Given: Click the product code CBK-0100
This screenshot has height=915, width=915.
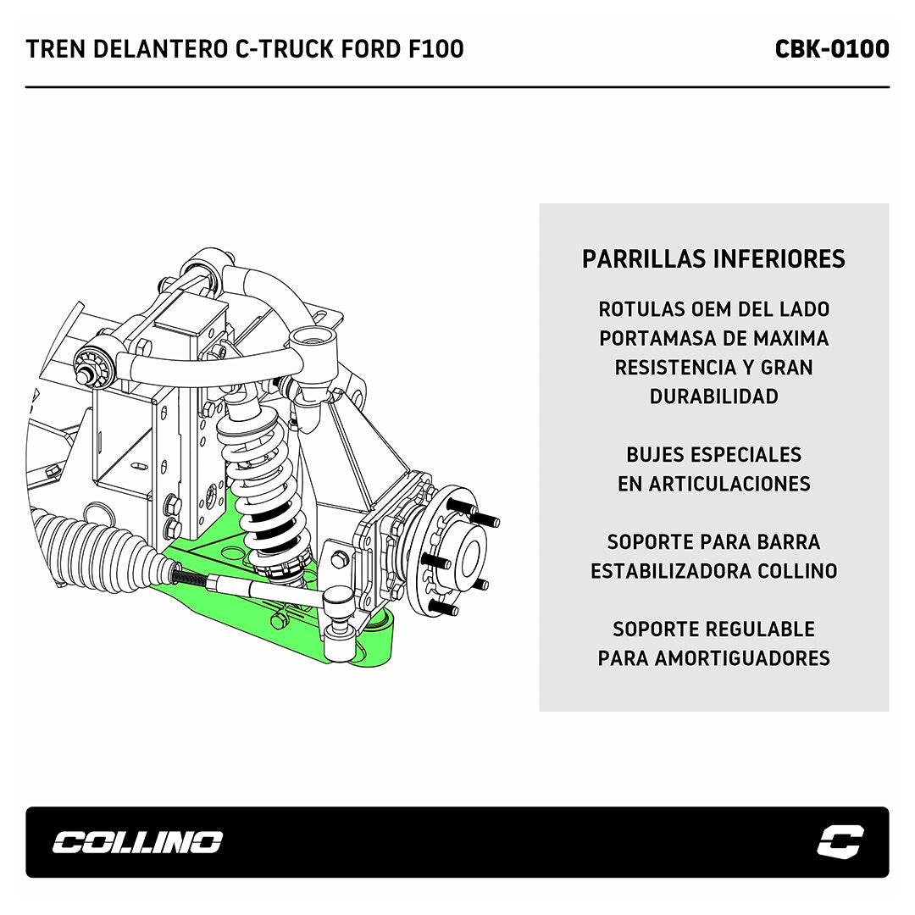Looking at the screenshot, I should coord(831,49).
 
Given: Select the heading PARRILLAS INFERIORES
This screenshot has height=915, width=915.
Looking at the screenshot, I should coord(713,259).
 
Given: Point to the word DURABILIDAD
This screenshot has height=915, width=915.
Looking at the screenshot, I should coord(713,396).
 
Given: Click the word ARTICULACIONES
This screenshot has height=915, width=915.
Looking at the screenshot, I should coord(729,484).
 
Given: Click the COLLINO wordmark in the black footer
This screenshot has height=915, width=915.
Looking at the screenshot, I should coord(137,842).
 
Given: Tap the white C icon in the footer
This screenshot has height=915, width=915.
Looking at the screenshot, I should coord(840,842).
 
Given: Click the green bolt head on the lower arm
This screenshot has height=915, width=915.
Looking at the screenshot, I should coord(277,621).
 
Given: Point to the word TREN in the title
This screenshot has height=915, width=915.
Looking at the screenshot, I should coord(53,49).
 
